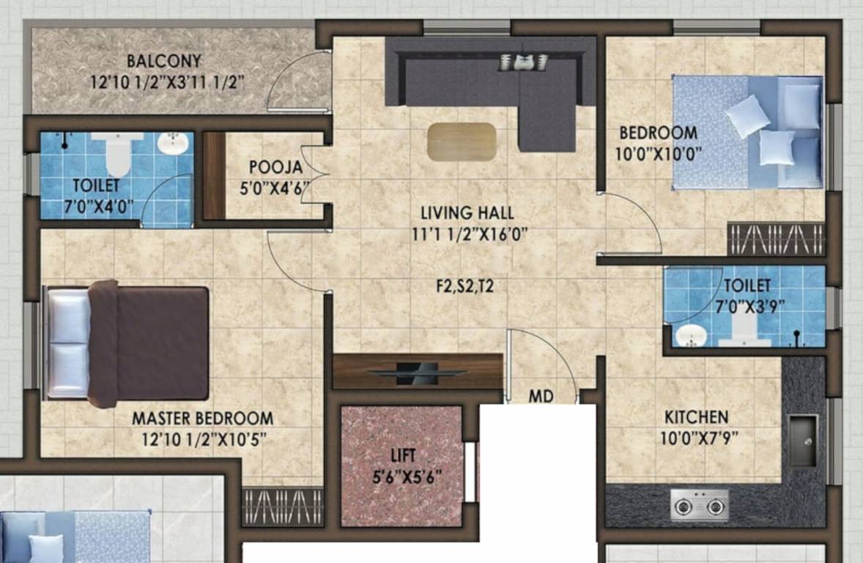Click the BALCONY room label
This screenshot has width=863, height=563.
point(163,61)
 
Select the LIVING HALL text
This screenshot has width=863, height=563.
point(467,213)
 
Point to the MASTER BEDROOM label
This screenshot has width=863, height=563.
point(202,419)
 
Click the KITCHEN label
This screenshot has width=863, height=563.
point(696,417)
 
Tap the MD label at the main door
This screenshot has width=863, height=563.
point(541,397)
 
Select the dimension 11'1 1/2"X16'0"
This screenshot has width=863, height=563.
point(467,235)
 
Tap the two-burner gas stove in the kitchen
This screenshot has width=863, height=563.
point(699,505)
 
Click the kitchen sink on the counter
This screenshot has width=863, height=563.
point(802,441)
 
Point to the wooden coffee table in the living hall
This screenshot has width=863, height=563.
point(462,141)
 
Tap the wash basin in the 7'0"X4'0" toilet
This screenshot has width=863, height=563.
point(173,142)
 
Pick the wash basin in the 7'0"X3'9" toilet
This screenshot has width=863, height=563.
point(689,336)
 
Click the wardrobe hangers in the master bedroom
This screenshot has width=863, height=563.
point(282,506)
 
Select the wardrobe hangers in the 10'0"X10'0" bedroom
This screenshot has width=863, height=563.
point(776,239)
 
